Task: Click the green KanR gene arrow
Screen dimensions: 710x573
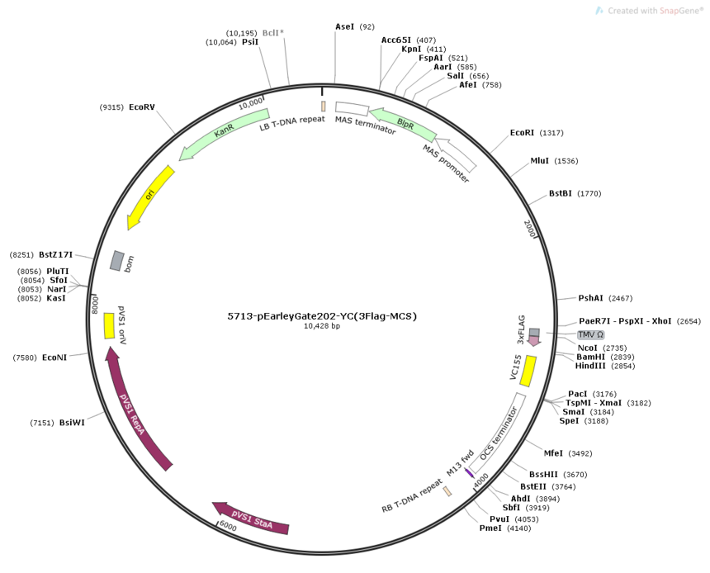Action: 223,132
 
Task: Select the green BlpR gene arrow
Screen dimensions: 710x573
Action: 403,124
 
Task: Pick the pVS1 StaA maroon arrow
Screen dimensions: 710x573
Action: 251,519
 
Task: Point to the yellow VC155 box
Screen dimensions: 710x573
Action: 528,372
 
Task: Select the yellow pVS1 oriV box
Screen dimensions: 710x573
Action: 109,325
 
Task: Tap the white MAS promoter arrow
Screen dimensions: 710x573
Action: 455,154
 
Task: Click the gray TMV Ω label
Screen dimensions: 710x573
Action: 590,334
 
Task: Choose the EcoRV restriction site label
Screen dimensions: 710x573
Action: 142,107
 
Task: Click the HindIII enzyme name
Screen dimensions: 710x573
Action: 590,366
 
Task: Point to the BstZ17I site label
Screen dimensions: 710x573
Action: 55,255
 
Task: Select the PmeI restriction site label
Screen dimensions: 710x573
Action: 490,528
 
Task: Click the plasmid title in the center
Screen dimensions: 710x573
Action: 322,316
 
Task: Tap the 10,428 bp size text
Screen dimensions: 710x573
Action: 322,326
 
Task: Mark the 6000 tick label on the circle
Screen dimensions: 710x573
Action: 228,526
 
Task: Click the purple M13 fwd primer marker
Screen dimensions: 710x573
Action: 469,472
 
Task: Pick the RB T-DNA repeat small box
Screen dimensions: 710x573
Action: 447,491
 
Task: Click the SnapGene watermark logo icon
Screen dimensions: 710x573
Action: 599,11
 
